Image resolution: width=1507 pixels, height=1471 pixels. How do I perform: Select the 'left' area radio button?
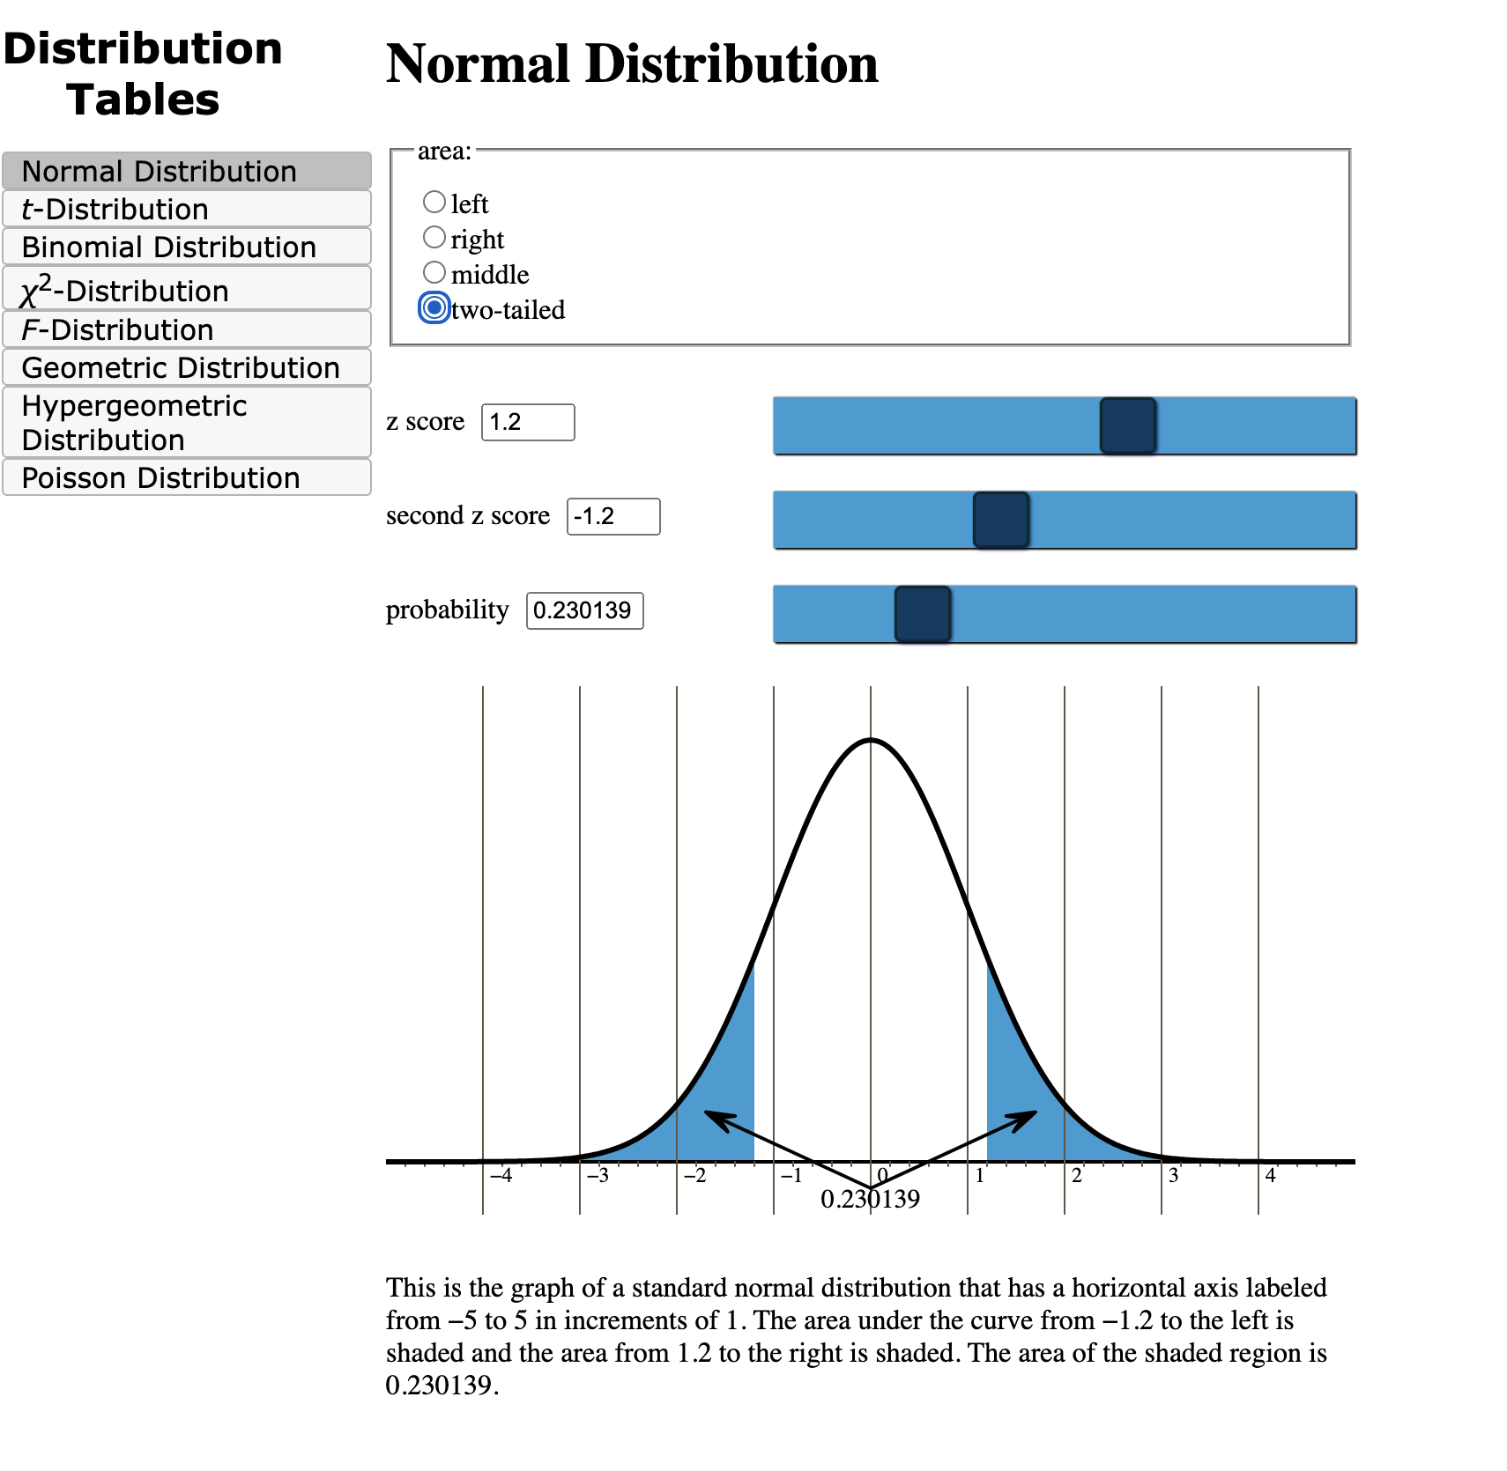[434, 203]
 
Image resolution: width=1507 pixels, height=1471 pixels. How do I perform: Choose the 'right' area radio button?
[434, 238]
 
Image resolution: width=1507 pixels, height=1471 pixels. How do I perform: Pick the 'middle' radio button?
[434, 273]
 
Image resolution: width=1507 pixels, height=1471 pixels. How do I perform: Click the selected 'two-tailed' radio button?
[434, 308]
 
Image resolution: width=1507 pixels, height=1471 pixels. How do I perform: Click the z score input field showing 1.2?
[527, 422]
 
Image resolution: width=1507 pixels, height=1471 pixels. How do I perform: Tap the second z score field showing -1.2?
[612, 516]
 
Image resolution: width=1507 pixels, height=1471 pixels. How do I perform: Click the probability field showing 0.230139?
[584, 610]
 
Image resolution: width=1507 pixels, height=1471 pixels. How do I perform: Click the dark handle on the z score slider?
[1127, 425]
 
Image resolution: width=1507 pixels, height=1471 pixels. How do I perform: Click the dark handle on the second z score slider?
[1000, 520]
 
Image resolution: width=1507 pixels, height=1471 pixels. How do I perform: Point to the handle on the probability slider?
[922, 614]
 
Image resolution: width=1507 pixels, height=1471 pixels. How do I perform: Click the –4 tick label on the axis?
[501, 1176]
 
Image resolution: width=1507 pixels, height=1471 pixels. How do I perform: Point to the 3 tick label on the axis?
[1173, 1176]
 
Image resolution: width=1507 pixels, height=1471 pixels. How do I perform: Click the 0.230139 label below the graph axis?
[870, 1199]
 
